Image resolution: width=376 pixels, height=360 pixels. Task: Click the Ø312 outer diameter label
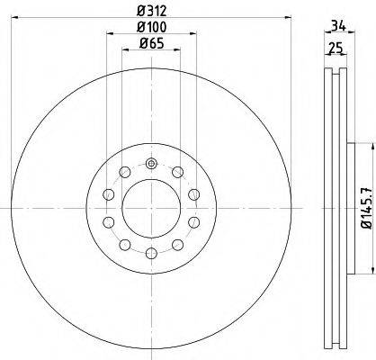pos(151,10)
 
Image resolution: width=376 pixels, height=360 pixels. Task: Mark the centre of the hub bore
pos(151,209)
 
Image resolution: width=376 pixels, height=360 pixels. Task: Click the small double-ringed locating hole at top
pos(151,164)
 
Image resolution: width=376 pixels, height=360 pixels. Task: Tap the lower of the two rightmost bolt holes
pos(193,222)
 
